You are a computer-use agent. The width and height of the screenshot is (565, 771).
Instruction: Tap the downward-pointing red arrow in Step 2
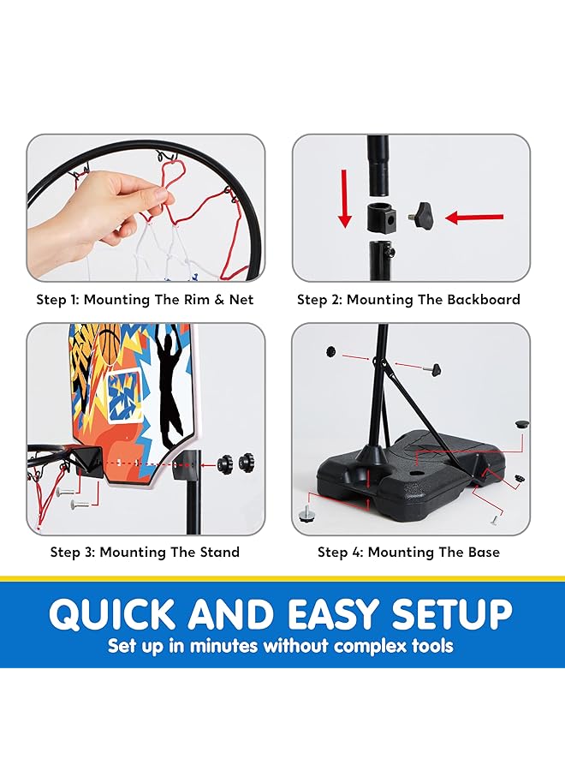[x=344, y=198]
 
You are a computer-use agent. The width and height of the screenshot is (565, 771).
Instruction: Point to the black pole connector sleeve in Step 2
[x=381, y=218]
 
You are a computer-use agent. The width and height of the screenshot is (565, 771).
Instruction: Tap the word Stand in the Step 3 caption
[x=219, y=552]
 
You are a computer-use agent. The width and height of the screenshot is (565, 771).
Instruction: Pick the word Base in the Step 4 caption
[x=480, y=552]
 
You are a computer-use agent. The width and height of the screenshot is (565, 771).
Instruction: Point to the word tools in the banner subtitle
[x=432, y=645]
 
